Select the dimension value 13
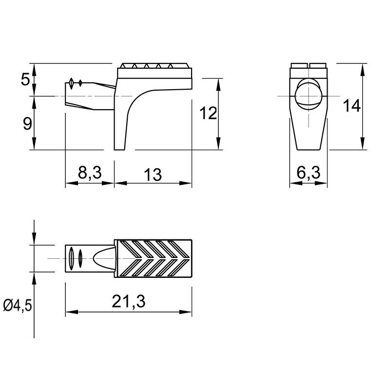pyautogui.click(x=153, y=175)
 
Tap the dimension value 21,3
pyautogui.click(x=129, y=301)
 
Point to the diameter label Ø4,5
pyautogui.click(x=18, y=305)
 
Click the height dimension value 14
pyautogui.click(x=351, y=105)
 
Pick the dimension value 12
pyautogui.click(x=209, y=113)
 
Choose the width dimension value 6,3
pyautogui.click(x=309, y=173)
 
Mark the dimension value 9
pyautogui.click(x=27, y=124)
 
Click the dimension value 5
pyautogui.click(x=25, y=79)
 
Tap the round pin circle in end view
pyautogui.click(x=309, y=95)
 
